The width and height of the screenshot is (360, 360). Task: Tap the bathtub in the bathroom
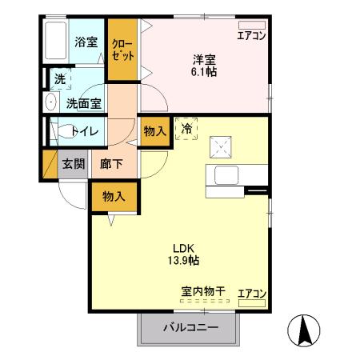pyautogui.click(x=57, y=40)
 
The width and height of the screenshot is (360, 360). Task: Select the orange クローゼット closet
pyautogui.click(x=122, y=49)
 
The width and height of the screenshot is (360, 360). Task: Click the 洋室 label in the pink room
pyautogui.click(x=204, y=58)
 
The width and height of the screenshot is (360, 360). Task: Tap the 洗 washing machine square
pyautogui.click(x=60, y=79)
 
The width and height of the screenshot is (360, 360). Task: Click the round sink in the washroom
pyautogui.click(x=50, y=102)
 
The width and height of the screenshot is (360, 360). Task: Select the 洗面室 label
pyautogui.click(x=82, y=102)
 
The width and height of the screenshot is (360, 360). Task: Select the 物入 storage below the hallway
pyautogui.click(x=114, y=195)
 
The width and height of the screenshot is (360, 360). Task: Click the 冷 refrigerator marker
pyautogui.click(x=186, y=128)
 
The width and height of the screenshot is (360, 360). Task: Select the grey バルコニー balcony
pyautogui.click(x=190, y=327)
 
